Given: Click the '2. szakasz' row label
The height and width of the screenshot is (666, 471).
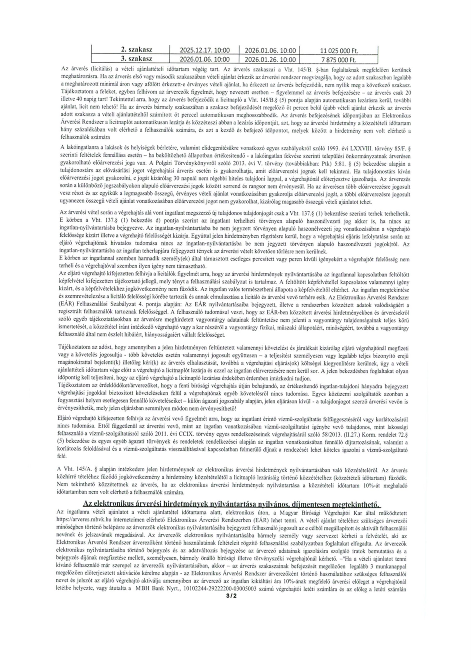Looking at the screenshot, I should click(x=137, y=50).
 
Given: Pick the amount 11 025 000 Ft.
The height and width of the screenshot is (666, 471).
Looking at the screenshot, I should click(x=339, y=51).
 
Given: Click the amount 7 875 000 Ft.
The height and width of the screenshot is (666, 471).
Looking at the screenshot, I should click(x=339, y=60).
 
